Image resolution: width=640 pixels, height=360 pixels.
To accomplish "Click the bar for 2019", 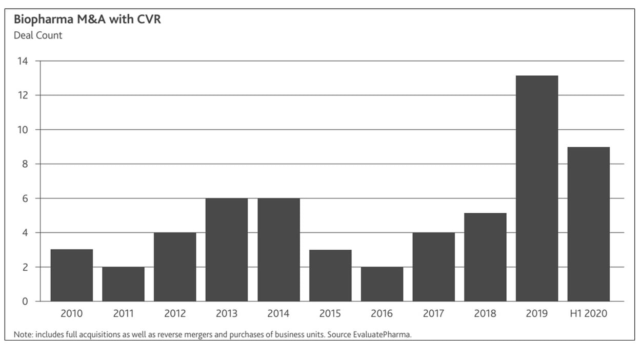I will [x=536, y=188].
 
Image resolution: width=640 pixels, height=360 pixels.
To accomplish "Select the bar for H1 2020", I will [x=588, y=224].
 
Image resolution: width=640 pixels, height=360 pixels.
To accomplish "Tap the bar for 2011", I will [x=123, y=284].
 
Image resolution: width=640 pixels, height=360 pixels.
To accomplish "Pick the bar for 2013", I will [x=227, y=250].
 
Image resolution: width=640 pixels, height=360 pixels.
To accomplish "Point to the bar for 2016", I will [x=382, y=284].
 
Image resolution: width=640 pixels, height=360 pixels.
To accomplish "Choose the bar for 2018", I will [x=485, y=257].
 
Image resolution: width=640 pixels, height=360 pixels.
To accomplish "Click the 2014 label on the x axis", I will [x=278, y=313].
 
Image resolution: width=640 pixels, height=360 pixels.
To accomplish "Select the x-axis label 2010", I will [x=72, y=313].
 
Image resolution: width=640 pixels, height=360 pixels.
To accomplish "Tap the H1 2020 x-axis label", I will [x=588, y=313].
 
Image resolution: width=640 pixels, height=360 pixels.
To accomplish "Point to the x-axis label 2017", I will [x=433, y=313].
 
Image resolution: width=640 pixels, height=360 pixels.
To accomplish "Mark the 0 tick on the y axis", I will [x=24, y=302].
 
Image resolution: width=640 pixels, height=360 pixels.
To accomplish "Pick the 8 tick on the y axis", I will [x=24, y=164].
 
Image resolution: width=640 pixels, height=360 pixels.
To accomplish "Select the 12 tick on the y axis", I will [x=22, y=95].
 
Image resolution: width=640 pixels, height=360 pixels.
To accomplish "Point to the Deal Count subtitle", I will [x=38, y=35].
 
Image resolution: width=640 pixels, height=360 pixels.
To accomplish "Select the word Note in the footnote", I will [x=23, y=334].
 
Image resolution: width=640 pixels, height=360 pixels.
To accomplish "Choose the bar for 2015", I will [x=330, y=275].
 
